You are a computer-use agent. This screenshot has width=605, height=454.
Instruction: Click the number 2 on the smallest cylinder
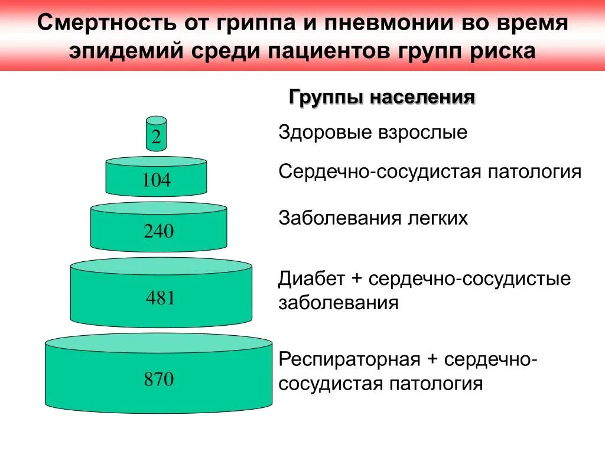156,138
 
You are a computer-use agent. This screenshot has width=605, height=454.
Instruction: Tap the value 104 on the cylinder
156,180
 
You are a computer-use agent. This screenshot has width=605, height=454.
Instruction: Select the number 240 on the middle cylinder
159,231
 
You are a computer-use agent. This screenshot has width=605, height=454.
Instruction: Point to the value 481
161,298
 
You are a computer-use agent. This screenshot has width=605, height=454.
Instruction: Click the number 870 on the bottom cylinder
159,379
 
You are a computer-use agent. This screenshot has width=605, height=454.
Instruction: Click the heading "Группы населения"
382,98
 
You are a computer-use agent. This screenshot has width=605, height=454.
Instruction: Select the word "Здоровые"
323,133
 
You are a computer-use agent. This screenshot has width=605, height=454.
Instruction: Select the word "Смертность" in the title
108,24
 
